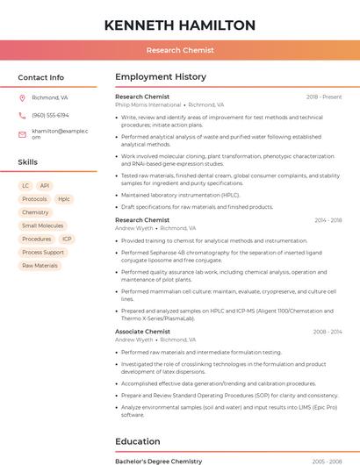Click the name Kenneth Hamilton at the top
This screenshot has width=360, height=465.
pyautogui.click(x=179, y=25)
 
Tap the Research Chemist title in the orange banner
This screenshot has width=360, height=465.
pyautogui.click(x=179, y=50)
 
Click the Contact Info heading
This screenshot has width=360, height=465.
pyautogui.click(x=41, y=77)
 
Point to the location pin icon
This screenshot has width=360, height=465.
pyautogui.click(x=22, y=98)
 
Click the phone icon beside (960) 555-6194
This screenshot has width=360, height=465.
pyautogui.click(x=22, y=115)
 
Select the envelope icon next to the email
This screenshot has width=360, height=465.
pyautogui.click(x=22, y=133)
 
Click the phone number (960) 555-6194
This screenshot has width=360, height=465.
pyautogui.click(x=50, y=115)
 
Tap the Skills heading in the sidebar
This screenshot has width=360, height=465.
pyautogui.click(x=28, y=162)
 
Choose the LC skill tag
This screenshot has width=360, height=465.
pyautogui.click(x=25, y=186)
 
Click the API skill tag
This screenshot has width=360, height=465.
pyautogui.click(x=45, y=186)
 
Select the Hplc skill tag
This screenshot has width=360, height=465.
pyautogui.click(x=64, y=199)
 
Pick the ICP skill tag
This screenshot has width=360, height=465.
pyautogui.click(x=67, y=239)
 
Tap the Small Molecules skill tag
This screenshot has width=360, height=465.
pyautogui.click(x=43, y=225)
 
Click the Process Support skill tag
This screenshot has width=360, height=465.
pyautogui.click(x=43, y=252)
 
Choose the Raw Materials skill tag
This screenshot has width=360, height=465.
pyautogui.click(x=40, y=265)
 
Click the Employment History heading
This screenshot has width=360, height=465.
pyautogui.click(x=161, y=77)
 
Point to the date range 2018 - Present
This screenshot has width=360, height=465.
pyautogui.click(x=324, y=97)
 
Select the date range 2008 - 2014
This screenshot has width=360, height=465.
pyautogui.click(x=328, y=332)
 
